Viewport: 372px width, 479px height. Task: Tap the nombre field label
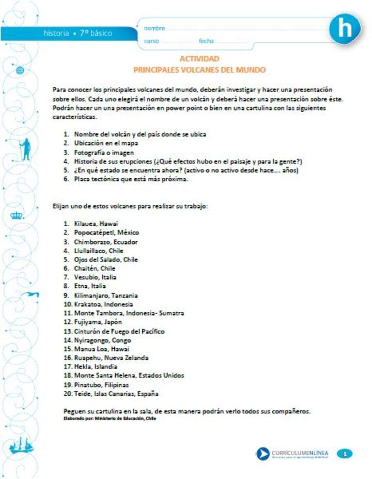click(154, 28)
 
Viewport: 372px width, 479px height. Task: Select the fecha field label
click(206, 41)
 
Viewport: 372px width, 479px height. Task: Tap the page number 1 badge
click(345, 454)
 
